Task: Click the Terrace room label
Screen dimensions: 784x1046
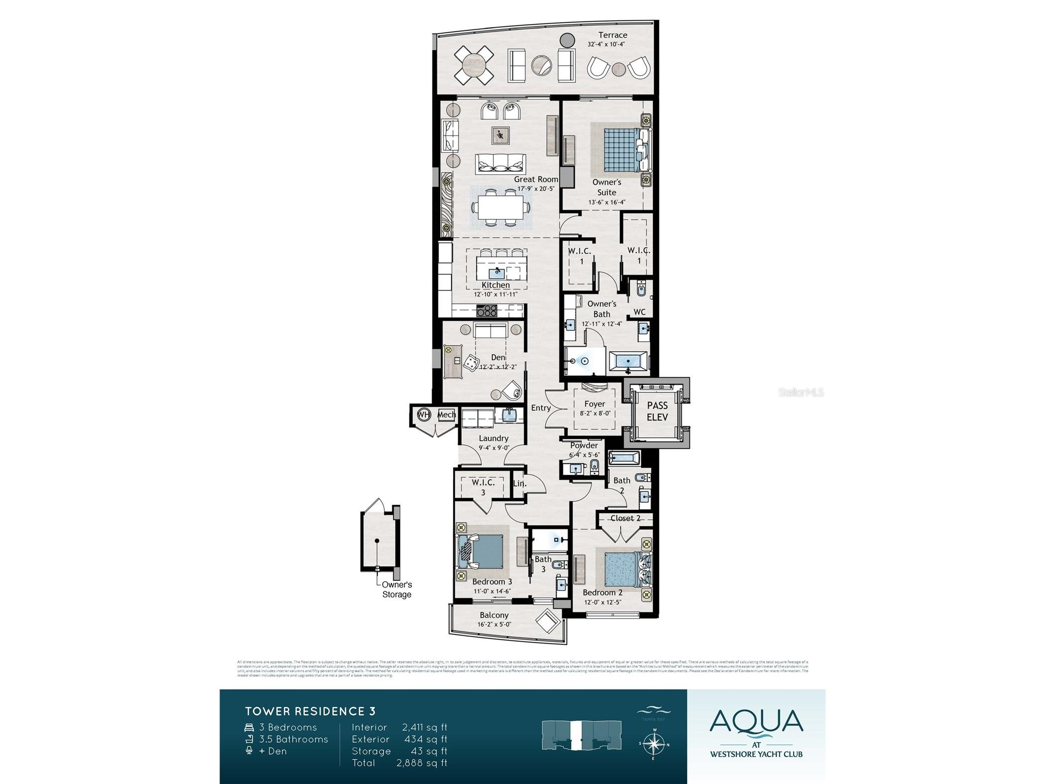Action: [x=612, y=35]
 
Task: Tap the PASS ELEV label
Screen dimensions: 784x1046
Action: [x=657, y=412]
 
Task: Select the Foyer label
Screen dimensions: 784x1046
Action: [x=594, y=404]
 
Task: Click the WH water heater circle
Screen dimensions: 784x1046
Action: [x=423, y=414]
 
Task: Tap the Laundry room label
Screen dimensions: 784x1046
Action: [x=493, y=438]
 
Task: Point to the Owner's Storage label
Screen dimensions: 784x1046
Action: [x=397, y=589]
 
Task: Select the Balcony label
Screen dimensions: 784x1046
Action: [x=494, y=615]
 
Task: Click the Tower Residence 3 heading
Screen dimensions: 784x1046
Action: [x=310, y=711]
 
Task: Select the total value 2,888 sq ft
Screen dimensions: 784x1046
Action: [x=422, y=763]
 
